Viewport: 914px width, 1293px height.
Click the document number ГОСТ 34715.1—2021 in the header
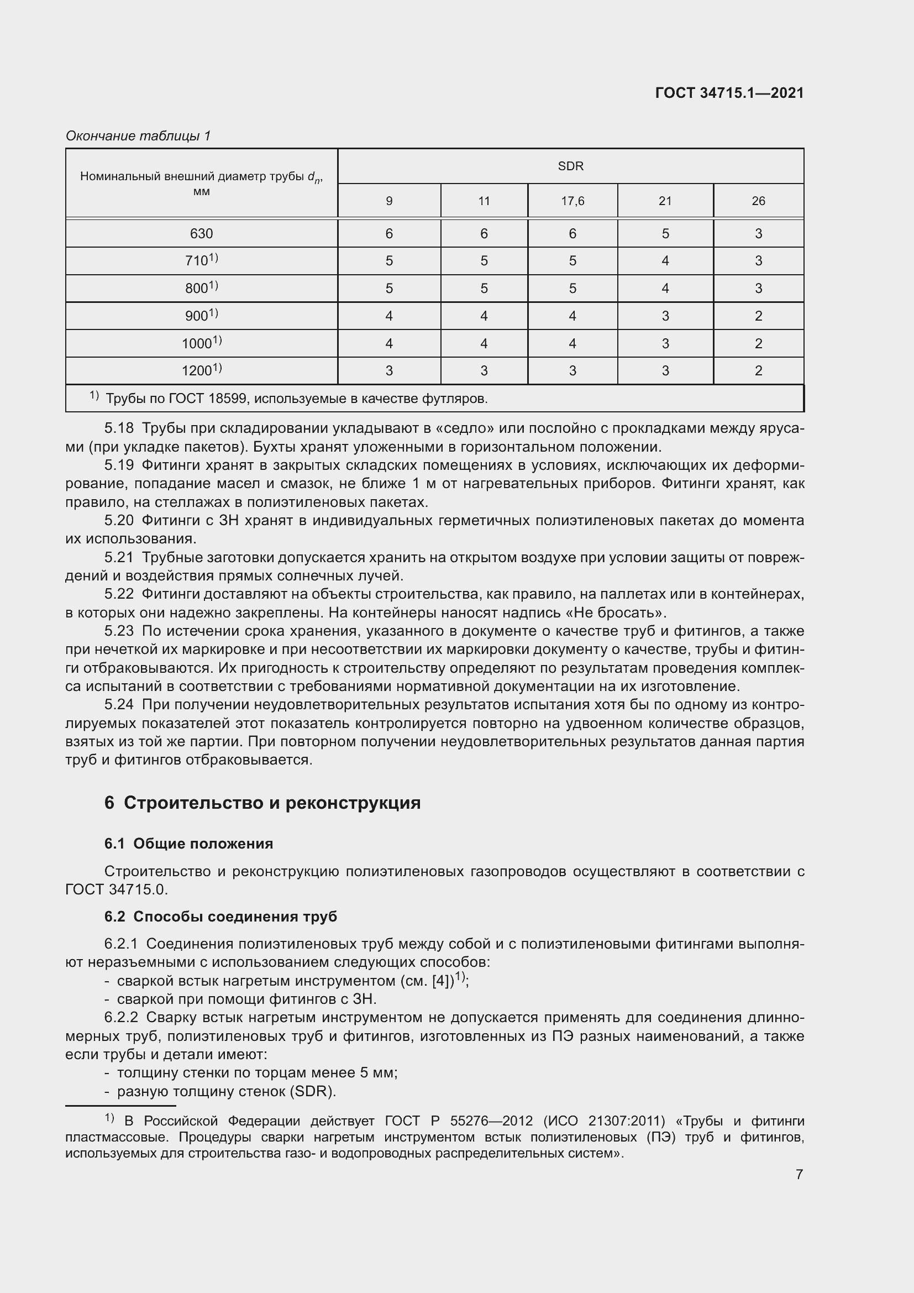pyautogui.click(x=729, y=93)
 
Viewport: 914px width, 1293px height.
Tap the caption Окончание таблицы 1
pyautogui.click(x=138, y=136)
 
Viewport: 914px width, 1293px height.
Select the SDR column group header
pyautogui.click(x=570, y=166)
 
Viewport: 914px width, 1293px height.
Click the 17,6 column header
pyautogui.click(x=572, y=201)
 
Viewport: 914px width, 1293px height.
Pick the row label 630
pyautogui.click(x=202, y=233)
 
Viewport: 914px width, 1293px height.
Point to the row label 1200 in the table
pyautogui.click(x=202, y=370)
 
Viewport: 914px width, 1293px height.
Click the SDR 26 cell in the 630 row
pyautogui.click(x=758, y=233)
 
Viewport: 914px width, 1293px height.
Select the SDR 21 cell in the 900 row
pyautogui.click(x=665, y=316)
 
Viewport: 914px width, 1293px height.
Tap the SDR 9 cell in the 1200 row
pyautogui.click(x=389, y=370)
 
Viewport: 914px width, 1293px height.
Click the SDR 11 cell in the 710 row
pyautogui.click(x=484, y=261)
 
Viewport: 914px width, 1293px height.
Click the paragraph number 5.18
pyautogui.click(x=119, y=428)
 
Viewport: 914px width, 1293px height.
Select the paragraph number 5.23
pyautogui.click(x=119, y=631)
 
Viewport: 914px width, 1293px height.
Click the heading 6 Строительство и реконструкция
pyautogui.click(x=262, y=803)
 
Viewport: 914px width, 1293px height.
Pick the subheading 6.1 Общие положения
pyautogui.click(x=188, y=844)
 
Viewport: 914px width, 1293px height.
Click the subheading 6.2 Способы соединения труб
pyautogui.click(x=220, y=916)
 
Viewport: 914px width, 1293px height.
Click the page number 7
pyautogui.click(x=799, y=1174)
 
